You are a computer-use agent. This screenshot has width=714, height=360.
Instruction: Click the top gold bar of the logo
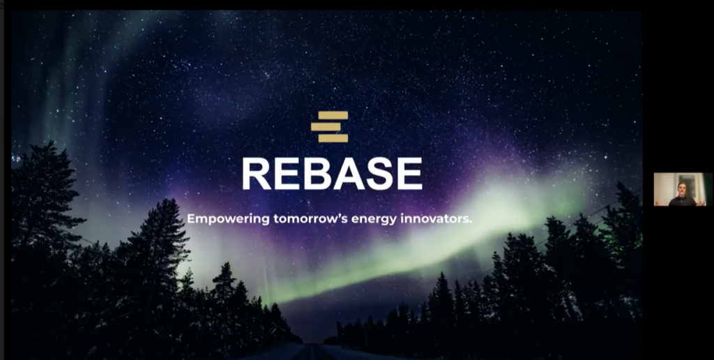point(333,115)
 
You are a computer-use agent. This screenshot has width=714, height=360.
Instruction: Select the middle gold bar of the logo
point(326,127)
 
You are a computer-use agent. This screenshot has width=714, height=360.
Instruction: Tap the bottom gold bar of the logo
point(333,138)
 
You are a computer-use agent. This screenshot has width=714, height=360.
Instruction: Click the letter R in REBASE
point(257,174)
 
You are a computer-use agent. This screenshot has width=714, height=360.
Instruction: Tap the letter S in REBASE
point(379,174)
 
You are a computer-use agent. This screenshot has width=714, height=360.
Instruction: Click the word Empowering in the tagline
point(228,219)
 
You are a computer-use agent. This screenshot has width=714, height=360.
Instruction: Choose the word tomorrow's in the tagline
point(310,219)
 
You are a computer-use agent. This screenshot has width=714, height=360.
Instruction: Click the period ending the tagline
point(471,223)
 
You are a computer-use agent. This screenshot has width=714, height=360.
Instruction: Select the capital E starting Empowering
point(191,219)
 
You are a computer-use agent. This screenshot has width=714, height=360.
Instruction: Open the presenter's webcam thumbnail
point(683,189)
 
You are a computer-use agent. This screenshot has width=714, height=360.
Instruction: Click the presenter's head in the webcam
point(682,188)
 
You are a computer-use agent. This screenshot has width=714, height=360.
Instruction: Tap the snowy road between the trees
point(314,352)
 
